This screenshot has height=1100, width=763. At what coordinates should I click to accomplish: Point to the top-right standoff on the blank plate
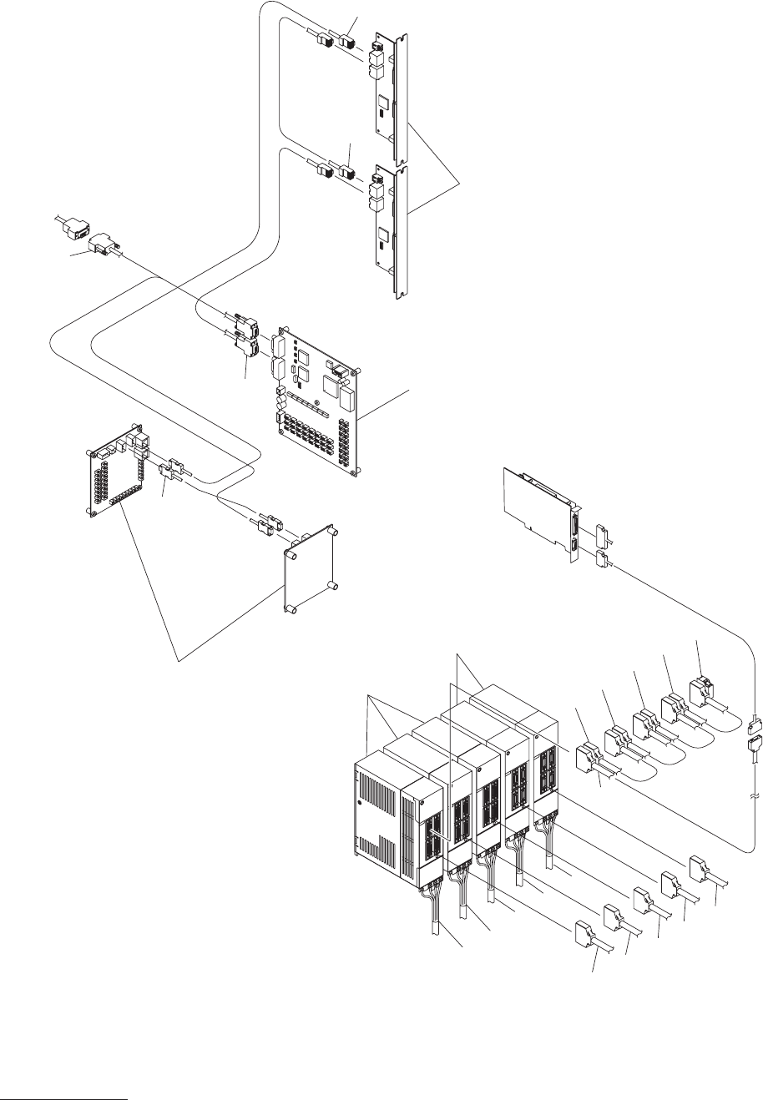(332, 531)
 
